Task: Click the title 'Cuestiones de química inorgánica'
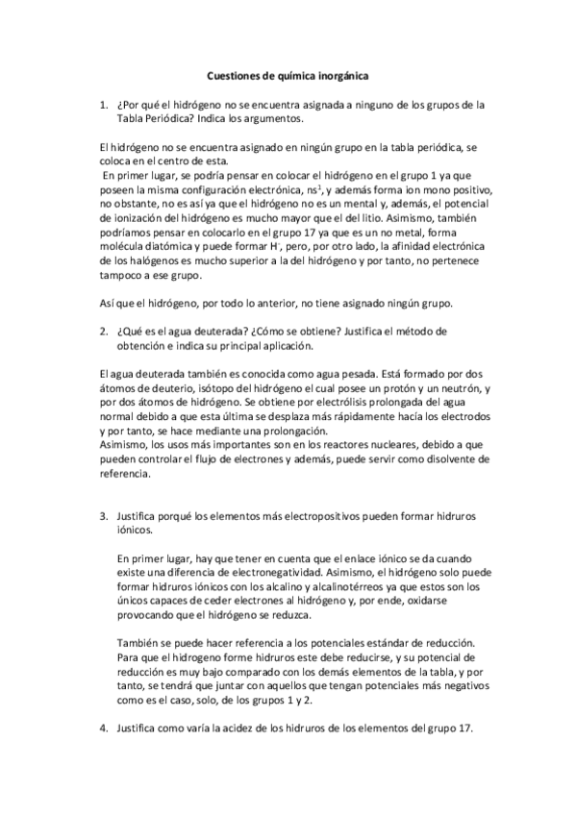(288, 72)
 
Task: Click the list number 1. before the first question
(104, 104)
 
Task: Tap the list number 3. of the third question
(104, 516)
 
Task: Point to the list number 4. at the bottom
(104, 729)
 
